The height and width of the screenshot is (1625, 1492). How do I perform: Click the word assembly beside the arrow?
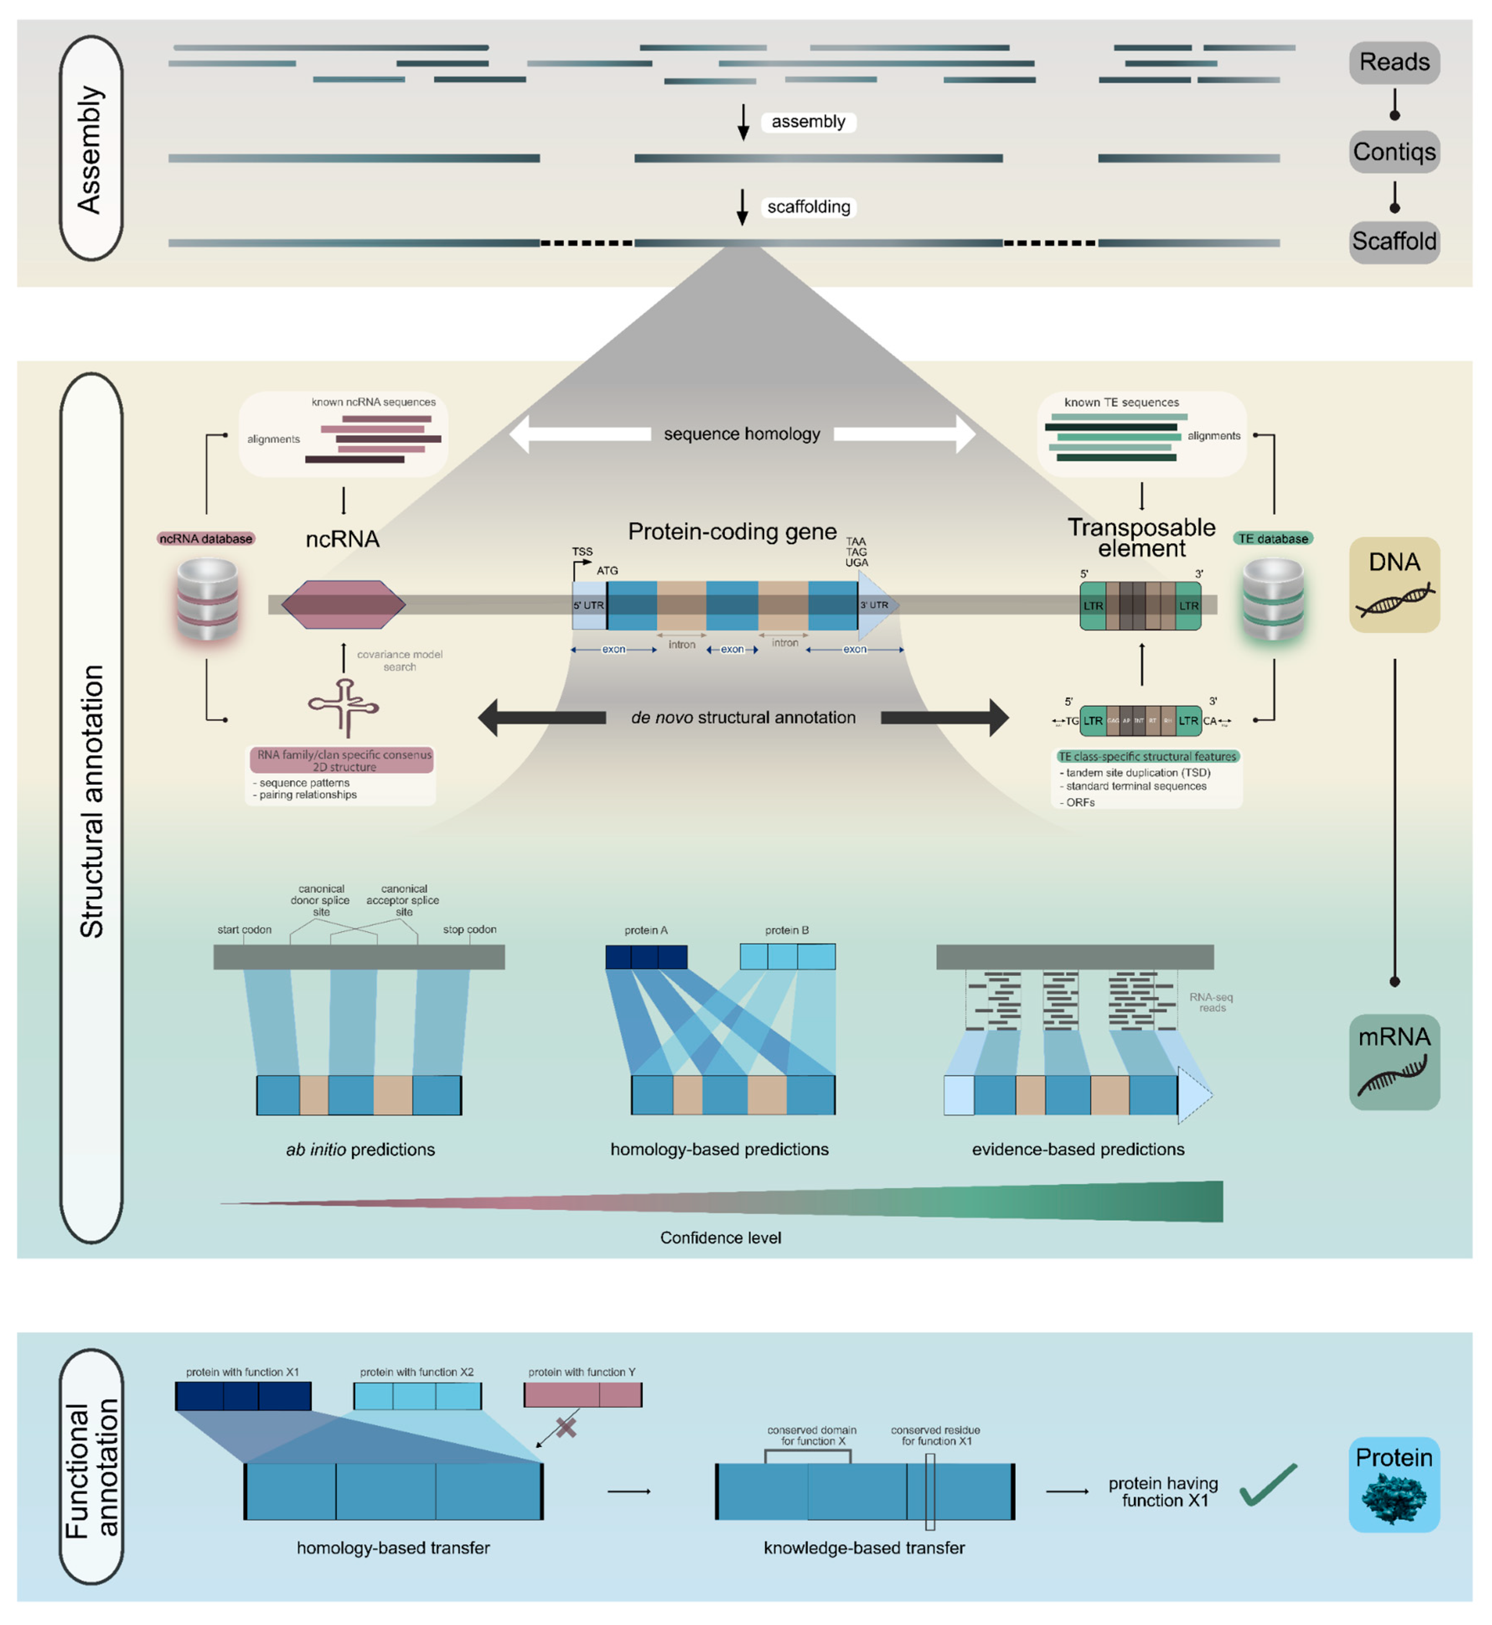pos(808,122)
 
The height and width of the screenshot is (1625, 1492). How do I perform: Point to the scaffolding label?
pos(808,207)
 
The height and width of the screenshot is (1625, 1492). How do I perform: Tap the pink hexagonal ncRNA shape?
pos(343,605)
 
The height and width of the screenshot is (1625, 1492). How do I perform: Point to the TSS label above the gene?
pos(582,552)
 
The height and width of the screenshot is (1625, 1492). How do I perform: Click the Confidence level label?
pos(720,1237)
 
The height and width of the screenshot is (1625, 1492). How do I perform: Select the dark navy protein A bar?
pos(646,957)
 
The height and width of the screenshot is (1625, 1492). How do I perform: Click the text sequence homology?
pos(742,434)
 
